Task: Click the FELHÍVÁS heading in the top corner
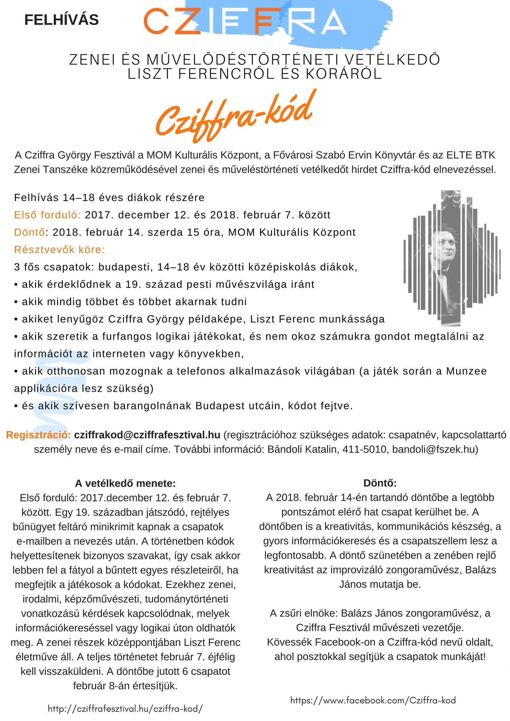click(x=61, y=20)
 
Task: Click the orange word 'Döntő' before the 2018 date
click(x=29, y=232)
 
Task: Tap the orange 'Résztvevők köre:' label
click(x=59, y=249)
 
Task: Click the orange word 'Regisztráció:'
click(x=39, y=435)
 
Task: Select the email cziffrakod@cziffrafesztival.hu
click(x=147, y=435)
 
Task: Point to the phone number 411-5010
click(x=364, y=449)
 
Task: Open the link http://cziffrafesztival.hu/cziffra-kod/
click(x=125, y=708)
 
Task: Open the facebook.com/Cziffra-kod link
click(x=373, y=700)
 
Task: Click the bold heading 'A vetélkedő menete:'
click(x=125, y=483)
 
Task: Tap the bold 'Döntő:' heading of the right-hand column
click(x=380, y=483)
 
